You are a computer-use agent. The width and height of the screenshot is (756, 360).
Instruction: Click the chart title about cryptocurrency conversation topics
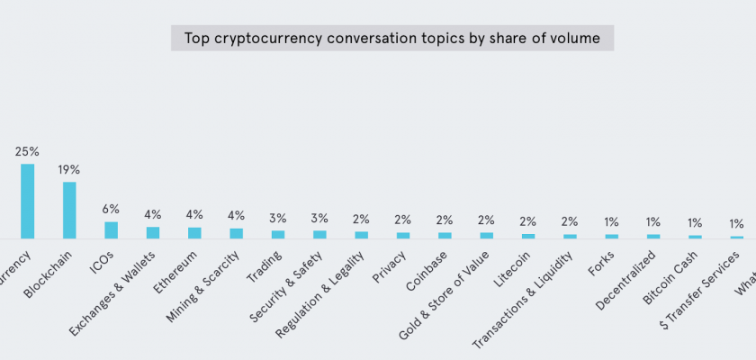point(392,38)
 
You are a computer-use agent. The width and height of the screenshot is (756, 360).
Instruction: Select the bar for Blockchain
point(69,210)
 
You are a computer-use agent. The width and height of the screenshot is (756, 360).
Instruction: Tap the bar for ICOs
point(112,229)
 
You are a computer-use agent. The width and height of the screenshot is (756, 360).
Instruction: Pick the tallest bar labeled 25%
point(28,201)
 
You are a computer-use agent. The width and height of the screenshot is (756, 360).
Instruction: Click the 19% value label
point(69,169)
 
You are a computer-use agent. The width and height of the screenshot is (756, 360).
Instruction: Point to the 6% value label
point(112,209)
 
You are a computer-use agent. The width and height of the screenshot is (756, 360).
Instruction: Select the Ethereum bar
point(194,232)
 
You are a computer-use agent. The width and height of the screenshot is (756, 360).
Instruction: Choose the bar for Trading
point(278,234)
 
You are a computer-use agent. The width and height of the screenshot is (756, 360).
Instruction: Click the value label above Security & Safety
point(319,219)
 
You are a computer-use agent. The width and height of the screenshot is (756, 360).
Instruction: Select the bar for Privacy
point(403,235)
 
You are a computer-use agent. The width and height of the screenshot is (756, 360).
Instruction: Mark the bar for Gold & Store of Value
point(487,235)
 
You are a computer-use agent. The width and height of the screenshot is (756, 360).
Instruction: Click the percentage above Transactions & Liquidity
point(570,221)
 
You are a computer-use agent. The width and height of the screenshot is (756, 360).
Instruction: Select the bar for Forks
point(612,236)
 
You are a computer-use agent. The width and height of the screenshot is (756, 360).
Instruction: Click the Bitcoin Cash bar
point(695,237)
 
